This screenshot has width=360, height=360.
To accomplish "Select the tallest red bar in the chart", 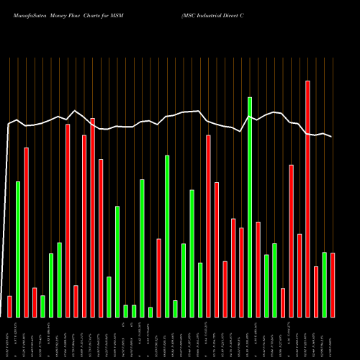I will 307,199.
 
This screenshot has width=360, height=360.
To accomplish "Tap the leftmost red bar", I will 9,306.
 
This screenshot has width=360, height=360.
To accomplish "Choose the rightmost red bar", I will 333,285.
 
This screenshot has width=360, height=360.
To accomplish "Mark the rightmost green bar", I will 324,284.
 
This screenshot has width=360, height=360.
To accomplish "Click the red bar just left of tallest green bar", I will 241,272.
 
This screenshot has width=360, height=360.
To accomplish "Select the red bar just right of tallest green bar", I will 258,269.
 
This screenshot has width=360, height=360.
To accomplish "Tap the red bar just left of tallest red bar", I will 300,275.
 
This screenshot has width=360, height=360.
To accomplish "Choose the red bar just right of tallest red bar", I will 316,292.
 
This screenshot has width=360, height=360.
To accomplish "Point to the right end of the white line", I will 332,137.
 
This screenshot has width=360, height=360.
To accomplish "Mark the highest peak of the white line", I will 76,110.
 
